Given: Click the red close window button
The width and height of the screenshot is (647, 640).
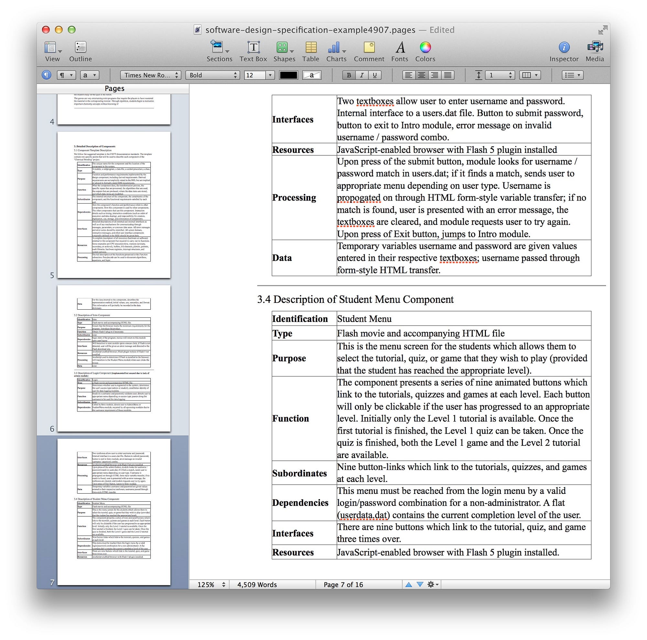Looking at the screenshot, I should pos(46,30).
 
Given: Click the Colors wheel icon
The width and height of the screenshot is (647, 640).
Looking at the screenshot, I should pos(425,48).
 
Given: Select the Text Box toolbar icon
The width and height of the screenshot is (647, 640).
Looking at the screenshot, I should pos(253,48).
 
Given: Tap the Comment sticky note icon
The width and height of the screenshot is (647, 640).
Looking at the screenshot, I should pos(369,48).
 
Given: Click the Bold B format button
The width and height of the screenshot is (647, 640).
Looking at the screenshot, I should pos(349,75).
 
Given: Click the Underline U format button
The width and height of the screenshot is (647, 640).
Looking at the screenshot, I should pos(374,75).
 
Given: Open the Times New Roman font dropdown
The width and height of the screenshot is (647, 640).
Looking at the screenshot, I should pos(150,75).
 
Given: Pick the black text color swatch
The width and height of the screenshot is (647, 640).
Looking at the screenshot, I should pos(288,75).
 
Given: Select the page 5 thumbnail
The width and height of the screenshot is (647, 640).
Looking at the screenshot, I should pos(114,204).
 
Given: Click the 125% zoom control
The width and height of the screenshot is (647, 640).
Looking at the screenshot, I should pos(211,584).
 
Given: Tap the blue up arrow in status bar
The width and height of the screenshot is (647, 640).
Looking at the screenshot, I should pos(408,584).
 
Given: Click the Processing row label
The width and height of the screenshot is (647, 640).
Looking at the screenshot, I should pos(294,198).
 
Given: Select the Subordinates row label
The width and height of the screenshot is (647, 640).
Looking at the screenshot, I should pos(299,473).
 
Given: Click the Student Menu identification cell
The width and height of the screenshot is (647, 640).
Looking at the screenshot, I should pos(364,319).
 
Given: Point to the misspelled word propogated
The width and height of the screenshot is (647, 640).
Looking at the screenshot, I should pos(359,198).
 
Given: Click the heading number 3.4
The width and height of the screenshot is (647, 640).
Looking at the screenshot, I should pos(264,299).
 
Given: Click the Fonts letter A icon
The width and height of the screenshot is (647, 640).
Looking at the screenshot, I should pos(400,48).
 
